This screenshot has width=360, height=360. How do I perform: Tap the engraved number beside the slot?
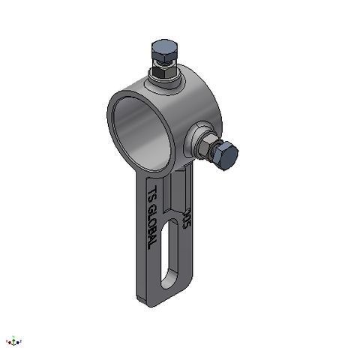187,217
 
